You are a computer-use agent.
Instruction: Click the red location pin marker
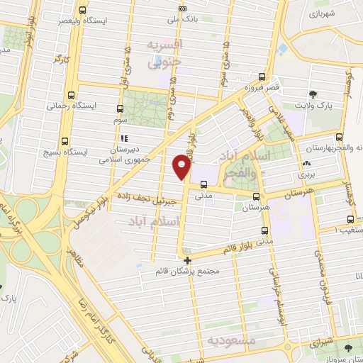(x=182, y=167)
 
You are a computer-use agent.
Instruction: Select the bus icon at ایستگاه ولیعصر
(x=84, y=11)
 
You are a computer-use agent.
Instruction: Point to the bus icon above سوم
(x=119, y=110)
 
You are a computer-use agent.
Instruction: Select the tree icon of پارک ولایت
(x=313, y=94)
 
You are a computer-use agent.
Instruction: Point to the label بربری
(x=306, y=173)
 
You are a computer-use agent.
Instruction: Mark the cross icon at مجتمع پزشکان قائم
(x=187, y=260)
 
